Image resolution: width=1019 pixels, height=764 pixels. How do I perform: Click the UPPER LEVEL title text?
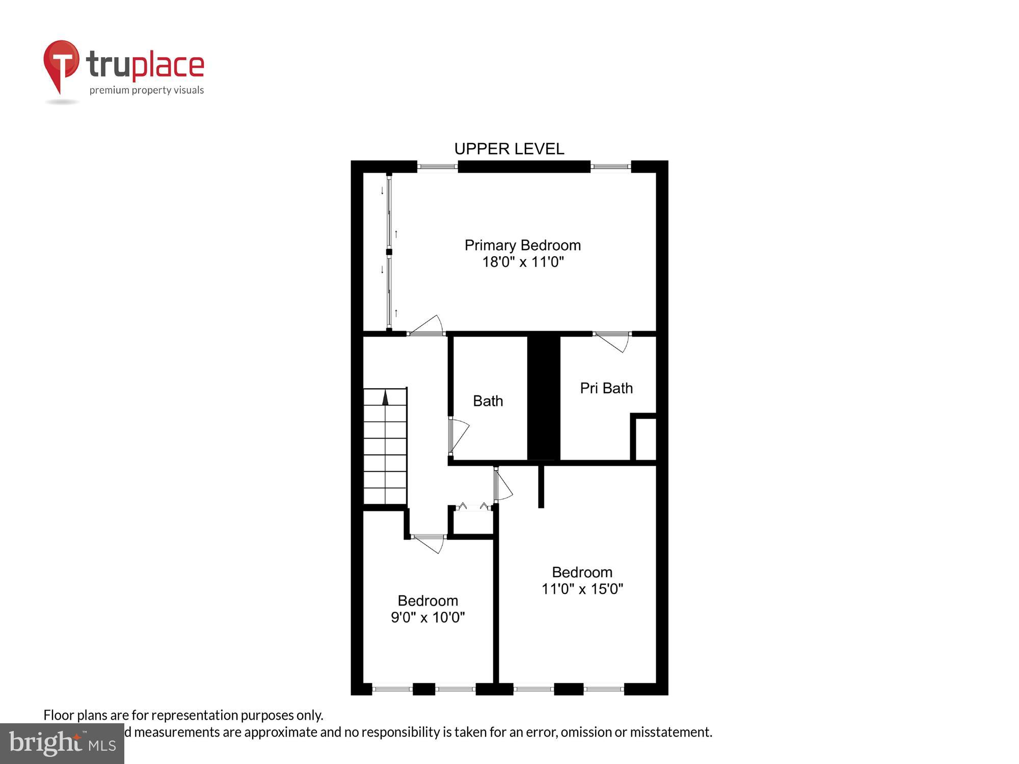pyautogui.click(x=509, y=149)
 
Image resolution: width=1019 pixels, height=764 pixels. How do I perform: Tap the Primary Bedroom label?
pyautogui.click(x=522, y=245)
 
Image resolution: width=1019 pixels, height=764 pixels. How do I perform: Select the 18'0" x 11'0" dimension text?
pyautogui.click(x=523, y=262)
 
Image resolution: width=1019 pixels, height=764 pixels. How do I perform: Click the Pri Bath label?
pyautogui.click(x=606, y=388)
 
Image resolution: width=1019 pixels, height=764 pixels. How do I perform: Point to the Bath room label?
pyautogui.click(x=488, y=401)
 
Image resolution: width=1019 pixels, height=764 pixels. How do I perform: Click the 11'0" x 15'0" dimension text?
pyautogui.click(x=582, y=589)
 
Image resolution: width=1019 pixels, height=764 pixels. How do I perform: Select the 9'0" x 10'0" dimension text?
pyautogui.click(x=427, y=617)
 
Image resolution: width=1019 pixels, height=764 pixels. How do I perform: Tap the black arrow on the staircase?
pyautogui.click(x=385, y=397)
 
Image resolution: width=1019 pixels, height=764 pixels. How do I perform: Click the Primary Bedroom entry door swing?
pyautogui.click(x=428, y=326)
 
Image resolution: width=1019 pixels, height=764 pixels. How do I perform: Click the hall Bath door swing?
pyautogui.click(x=458, y=435)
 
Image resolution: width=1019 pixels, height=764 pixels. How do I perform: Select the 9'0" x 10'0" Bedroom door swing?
pyautogui.click(x=430, y=543)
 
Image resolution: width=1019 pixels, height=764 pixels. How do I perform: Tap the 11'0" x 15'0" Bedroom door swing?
pyautogui.click(x=503, y=485)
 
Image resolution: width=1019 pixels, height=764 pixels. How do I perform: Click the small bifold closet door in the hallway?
pyautogui.click(x=473, y=507)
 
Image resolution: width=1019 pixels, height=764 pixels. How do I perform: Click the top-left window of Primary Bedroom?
pyautogui.click(x=437, y=167)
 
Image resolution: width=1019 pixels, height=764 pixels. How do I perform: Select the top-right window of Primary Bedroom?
pyautogui.click(x=610, y=167)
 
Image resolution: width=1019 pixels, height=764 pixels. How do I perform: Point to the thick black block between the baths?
pyautogui.click(x=544, y=397)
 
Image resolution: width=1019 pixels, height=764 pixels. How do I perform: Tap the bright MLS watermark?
pyautogui.click(x=62, y=744)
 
